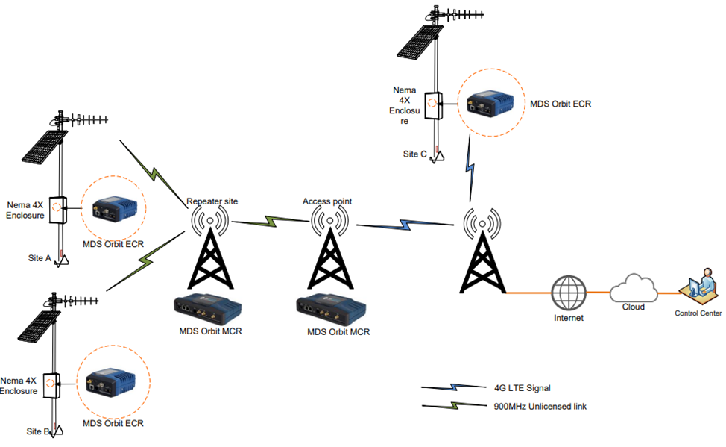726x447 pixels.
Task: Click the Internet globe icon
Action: click(x=569, y=293)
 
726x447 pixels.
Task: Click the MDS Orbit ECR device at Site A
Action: click(x=113, y=210)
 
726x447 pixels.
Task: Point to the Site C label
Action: click(x=415, y=154)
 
